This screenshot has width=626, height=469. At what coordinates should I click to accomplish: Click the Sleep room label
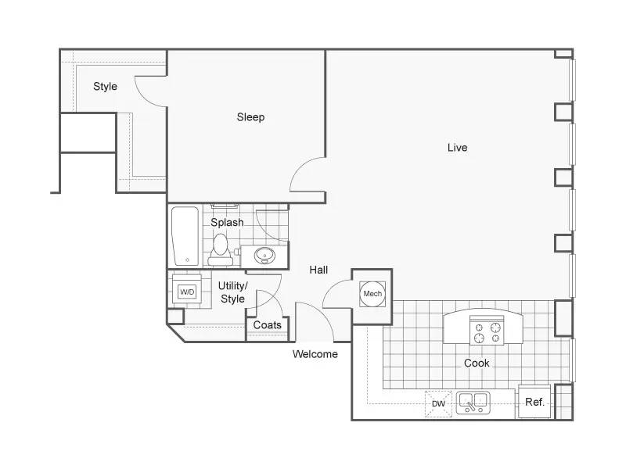[250, 117]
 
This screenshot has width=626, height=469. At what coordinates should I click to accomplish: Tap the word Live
[457, 148]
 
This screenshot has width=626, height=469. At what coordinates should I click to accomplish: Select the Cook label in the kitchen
[477, 363]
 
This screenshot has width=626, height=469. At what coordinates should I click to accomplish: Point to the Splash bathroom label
[227, 223]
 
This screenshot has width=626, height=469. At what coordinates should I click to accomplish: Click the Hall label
[318, 270]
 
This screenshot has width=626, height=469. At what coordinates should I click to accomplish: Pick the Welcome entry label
[315, 354]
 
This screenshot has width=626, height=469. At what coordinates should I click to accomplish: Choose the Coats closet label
[267, 325]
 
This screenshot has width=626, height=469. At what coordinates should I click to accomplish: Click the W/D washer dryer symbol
[187, 292]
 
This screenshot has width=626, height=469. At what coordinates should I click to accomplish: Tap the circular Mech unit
[372, 294]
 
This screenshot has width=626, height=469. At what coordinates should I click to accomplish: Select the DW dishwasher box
[438, 403]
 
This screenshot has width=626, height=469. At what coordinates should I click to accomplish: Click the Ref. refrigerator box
[534, 402]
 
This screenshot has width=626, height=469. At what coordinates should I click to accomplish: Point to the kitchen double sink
[473, 403]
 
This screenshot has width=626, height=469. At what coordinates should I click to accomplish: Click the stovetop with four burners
[487, 331]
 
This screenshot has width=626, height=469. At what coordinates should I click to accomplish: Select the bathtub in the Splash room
[185, 236]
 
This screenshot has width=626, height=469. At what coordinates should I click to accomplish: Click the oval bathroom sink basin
[264, 255]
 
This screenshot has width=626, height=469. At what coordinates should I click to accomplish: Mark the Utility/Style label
[232, 292]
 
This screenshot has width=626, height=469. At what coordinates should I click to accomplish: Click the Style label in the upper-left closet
[105, 87]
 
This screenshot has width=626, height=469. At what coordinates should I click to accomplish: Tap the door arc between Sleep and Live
[300, 167]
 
